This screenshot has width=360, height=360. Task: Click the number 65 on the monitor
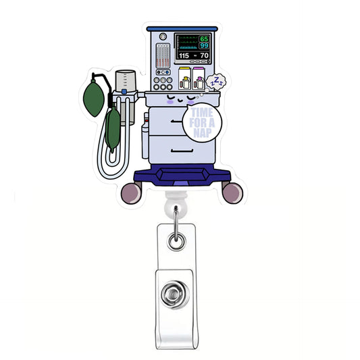(x=204, y=39)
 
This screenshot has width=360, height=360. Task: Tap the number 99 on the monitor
(x=204, y=46)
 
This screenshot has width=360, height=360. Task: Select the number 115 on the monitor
(x=184, y=55)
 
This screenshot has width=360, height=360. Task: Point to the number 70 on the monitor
(x=204, y=55)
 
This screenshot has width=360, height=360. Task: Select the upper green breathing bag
(x=97, y=91)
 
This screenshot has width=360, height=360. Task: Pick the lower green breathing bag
(x=112, y=128)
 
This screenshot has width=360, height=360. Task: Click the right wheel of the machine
(x=232, y=193)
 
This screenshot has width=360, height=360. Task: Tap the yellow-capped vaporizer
(x=184, y=82)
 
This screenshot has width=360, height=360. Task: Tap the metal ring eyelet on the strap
(x=177, y=237)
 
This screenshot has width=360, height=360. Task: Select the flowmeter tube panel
(x=162, y=55)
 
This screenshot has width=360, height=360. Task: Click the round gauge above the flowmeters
(x=162, y=38)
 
